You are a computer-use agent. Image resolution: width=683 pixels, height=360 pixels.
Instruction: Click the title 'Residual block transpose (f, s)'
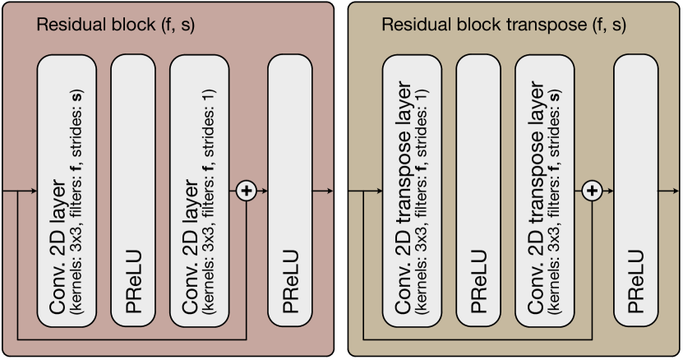coord(503,25)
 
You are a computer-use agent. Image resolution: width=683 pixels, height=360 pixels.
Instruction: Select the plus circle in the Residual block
coord(246,191)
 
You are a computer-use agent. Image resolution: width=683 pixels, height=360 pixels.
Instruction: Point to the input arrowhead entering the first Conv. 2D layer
coord(34,191)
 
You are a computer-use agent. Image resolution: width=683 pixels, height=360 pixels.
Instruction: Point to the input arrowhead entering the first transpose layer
coord(379,191)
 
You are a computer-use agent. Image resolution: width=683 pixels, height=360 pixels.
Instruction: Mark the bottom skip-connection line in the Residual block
coord(132,338)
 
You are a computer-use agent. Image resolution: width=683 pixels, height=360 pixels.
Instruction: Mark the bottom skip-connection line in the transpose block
coord(477,338)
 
